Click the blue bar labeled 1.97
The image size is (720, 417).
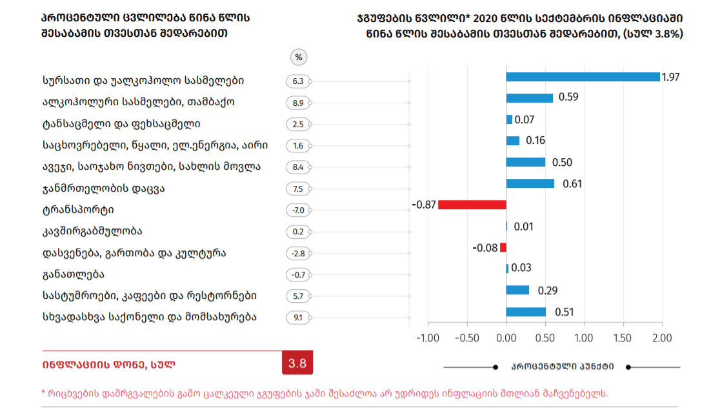coord(583,77)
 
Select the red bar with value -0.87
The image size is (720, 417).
coord(472,205)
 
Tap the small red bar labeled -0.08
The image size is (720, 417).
coord(503,247)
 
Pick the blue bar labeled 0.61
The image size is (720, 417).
coord(530,183)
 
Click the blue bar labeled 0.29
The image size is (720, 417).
coord(517,290)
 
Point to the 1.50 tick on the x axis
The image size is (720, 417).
coord(623,338)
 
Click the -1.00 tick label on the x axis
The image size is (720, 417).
coord(426,338)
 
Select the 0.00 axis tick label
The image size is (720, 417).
coord(506,338)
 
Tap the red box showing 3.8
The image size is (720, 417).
coord(297,363)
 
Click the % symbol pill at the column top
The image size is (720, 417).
coord(298,57)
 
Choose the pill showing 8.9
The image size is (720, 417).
coord(298,103)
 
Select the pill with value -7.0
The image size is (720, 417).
coord(298,210)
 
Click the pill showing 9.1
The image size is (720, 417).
coord(298,317)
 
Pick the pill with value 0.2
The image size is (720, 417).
coord(298,232)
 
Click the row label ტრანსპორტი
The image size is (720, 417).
coord(78,210)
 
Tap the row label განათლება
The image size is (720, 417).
coord(72,274)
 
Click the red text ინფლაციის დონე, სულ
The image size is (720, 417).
coord(109,364)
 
